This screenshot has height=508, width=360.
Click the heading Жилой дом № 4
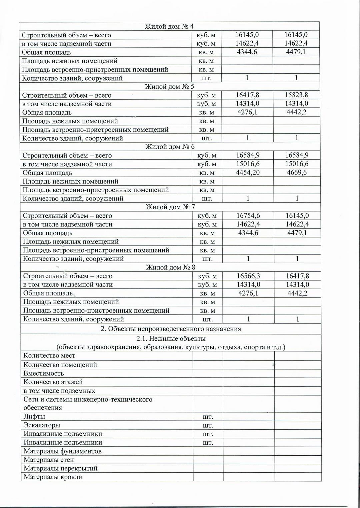click(x=169, y=26)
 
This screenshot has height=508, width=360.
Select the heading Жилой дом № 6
click(x=170, y=147)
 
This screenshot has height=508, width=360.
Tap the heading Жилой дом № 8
click(x=171, y=267)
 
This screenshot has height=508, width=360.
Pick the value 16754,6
click(x=248, y=216)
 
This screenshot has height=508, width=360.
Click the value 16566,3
click(x=248, y=276)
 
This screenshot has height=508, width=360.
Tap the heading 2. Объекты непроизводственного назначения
click(x=171, y=329)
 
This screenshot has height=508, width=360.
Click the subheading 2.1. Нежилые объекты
click(x=171, y=339)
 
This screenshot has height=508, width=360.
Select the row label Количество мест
click(x=49, y=356)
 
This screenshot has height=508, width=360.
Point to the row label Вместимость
click(x=44, y=373)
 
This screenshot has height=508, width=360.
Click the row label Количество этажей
click(x=53, y=382)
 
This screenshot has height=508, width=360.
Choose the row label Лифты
click(x=34, y=416)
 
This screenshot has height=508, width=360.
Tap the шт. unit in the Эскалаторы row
click(x=208, y=425)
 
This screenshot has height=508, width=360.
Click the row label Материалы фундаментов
click(x=62, y=451)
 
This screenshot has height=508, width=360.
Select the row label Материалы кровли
click(x=53, y=477)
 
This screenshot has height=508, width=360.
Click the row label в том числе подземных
click(x=59, y=391)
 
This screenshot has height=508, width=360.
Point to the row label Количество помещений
click(x=60, y=365)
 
